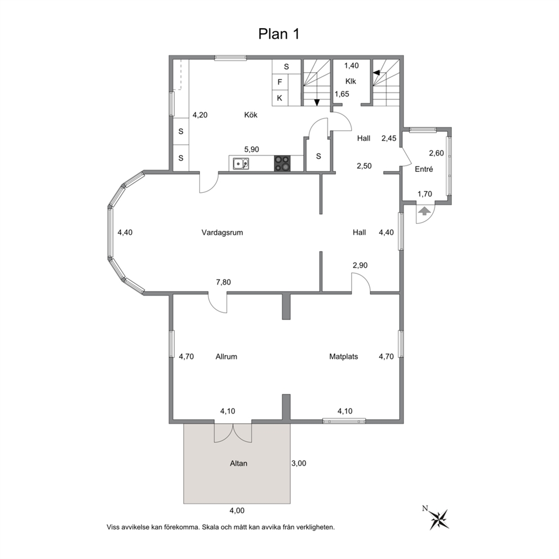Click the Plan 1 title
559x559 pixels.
click(278, 34)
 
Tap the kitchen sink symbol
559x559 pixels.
click(241, 164)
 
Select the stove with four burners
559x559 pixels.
click(283, 163)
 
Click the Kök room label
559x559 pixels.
click(251, 115)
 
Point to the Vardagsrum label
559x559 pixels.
click(222, 232)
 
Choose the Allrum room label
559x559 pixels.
click(226, 357)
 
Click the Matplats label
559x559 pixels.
click(344, 357)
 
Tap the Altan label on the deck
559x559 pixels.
click(238, 464)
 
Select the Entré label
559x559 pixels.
click(424, 169)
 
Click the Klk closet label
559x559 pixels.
click(351, 81)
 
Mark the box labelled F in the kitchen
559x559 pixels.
click(280, 82)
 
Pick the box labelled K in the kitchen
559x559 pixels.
click(280, 97)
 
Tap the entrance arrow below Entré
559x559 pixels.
click(424, 211)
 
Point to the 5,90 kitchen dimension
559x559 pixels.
click(251, 149)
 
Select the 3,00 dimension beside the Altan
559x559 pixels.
click(298, 463)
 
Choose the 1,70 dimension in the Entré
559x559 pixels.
click(424, 194)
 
